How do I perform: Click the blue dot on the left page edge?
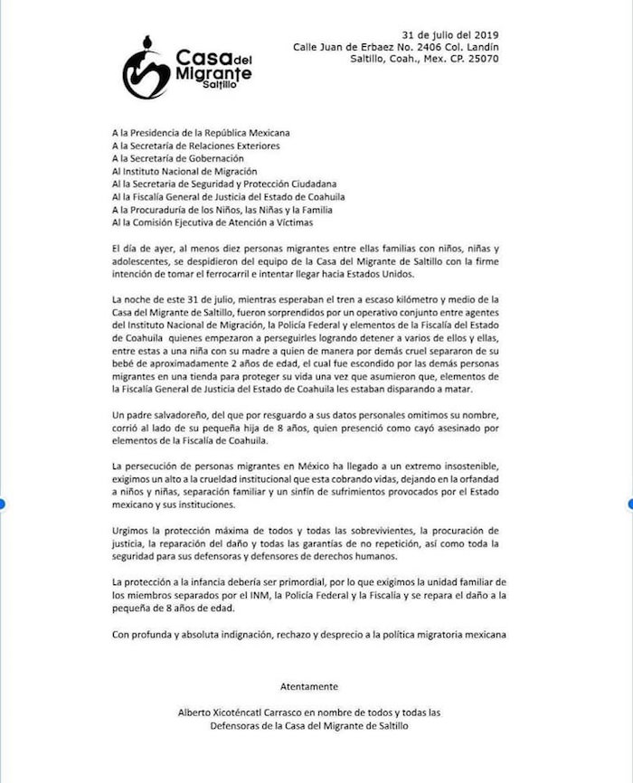click(3, 503)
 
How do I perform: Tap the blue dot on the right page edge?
click(630, 503)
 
